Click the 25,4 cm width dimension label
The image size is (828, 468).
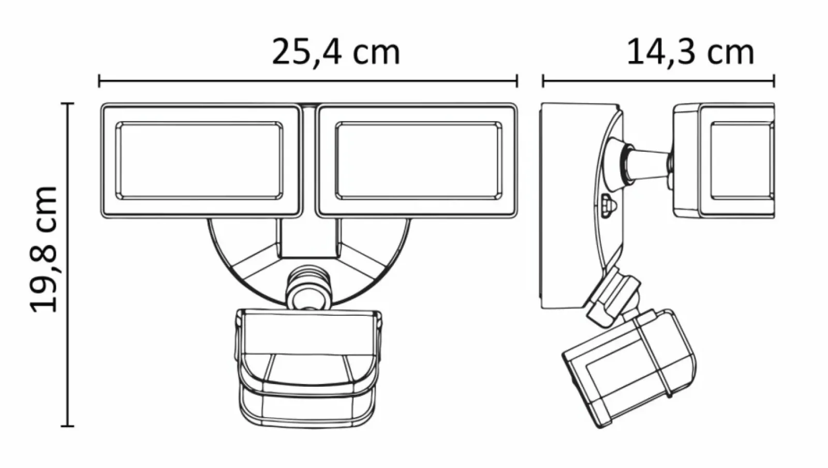click(x=336, y=52)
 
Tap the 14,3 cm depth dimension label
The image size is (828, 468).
click(x=690, y=52)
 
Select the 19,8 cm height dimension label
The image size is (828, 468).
click(x=43, y=250)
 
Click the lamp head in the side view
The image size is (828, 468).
click(x=724, y=161)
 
